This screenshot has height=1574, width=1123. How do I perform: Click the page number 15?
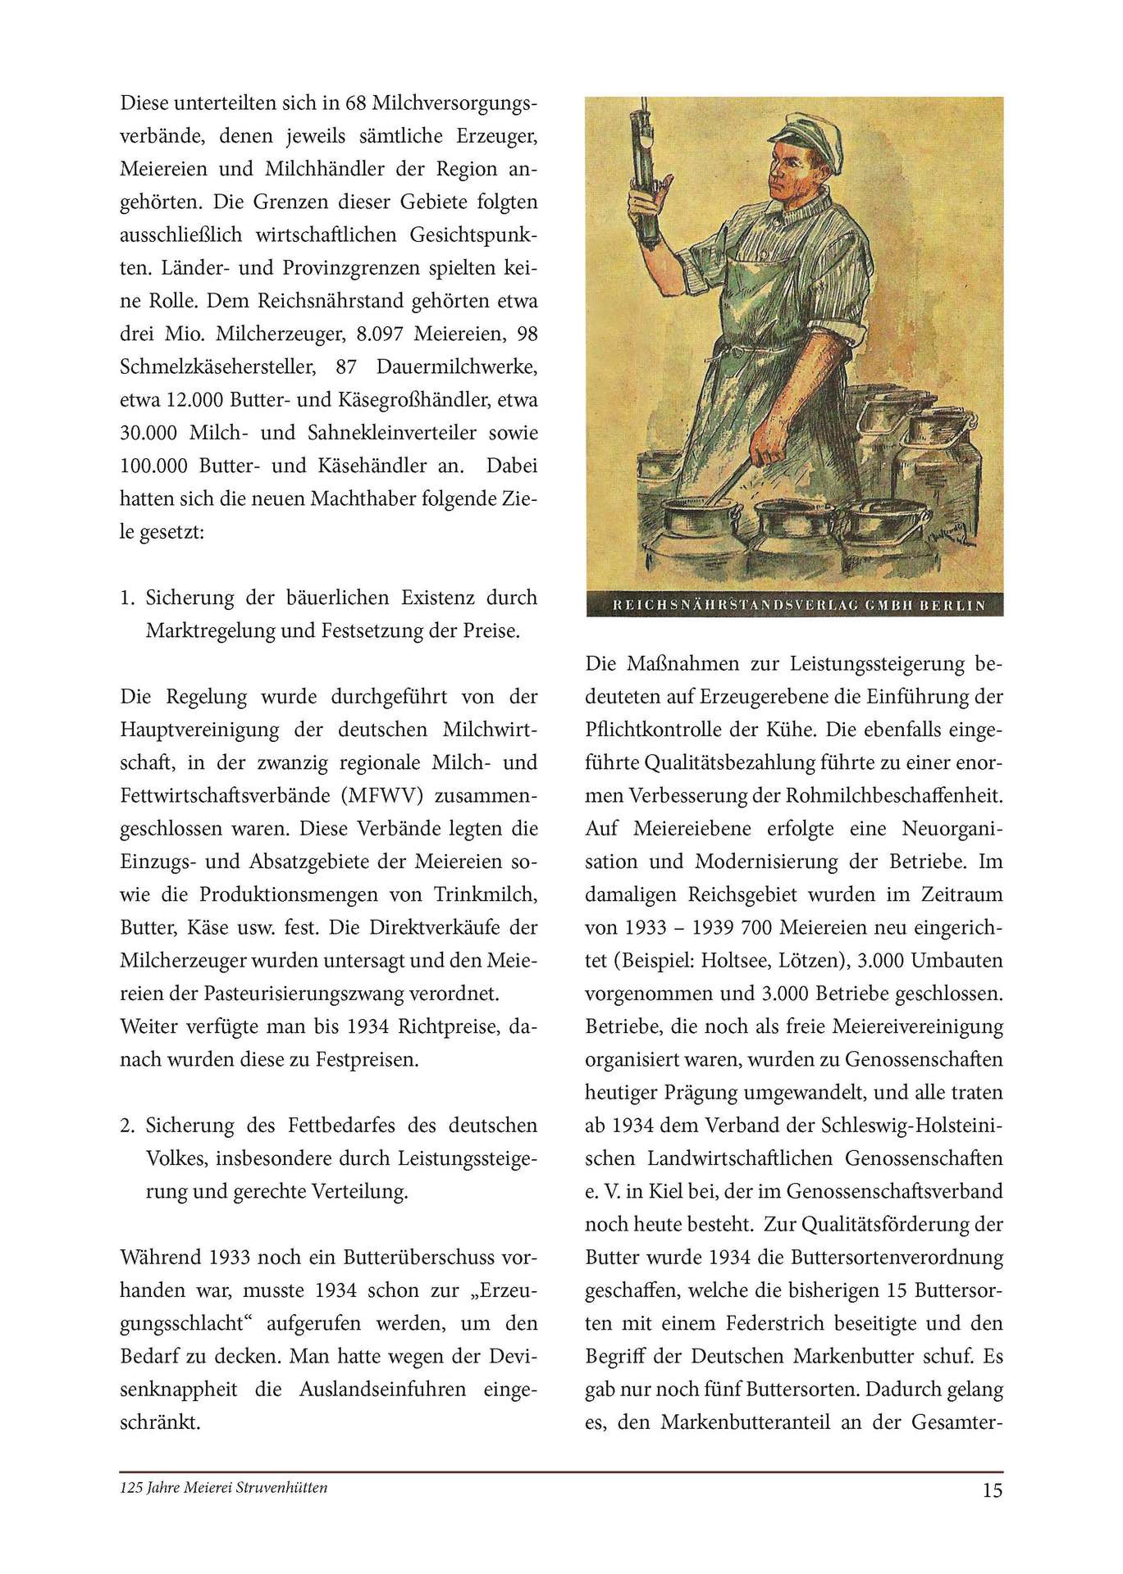(992, 1490)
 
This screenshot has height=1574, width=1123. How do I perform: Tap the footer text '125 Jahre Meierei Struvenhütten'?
(223, 1487)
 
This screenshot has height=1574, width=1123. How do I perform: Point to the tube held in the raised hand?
(646, 164)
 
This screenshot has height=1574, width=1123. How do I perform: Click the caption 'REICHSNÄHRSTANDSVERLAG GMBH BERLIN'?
(794, 606)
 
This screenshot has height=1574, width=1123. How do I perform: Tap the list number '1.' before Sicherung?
(127, 598)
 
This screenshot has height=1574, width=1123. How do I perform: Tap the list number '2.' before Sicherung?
(127, 1125)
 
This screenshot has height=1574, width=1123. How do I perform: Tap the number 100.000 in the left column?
(155, 466)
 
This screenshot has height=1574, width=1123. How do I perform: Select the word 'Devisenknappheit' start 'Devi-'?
(509, 1356)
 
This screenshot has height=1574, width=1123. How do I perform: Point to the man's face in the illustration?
(796, 176)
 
